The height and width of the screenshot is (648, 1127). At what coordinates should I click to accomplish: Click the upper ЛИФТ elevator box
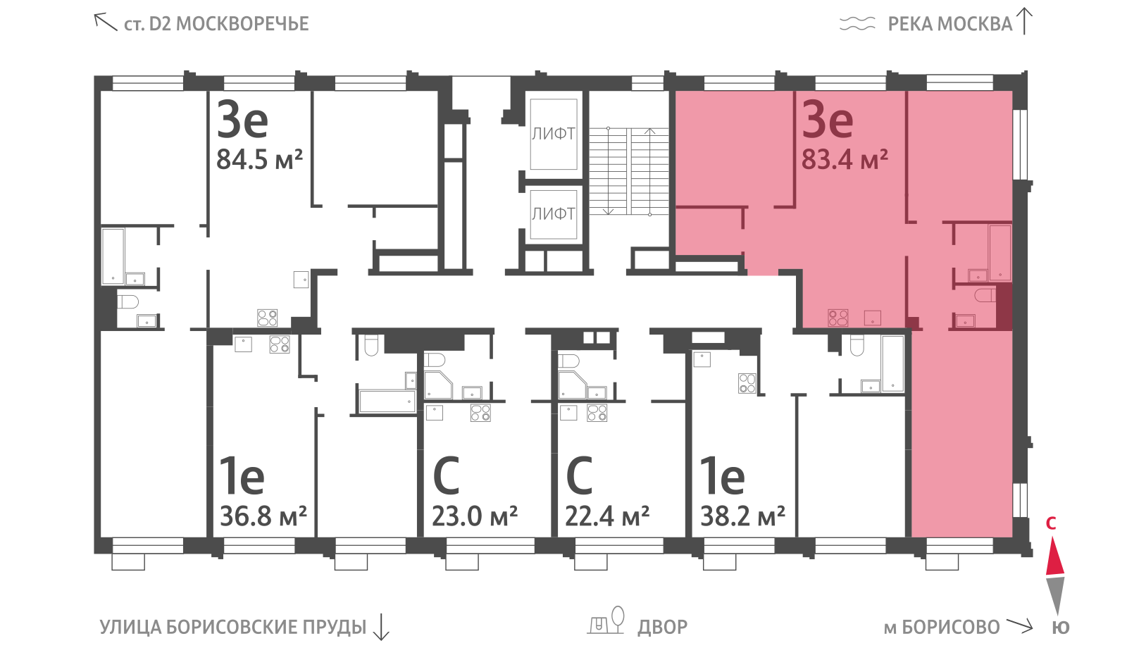pos(554,134)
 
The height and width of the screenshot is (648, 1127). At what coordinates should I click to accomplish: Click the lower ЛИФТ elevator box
pos(554,214)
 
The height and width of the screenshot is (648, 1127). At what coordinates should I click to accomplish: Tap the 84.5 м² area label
pos(260,159)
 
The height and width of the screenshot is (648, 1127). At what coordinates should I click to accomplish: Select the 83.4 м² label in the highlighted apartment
pos(845,159)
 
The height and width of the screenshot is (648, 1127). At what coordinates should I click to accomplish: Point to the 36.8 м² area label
pos(263,516)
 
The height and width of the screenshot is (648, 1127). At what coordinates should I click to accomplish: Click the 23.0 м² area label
pos(475,516)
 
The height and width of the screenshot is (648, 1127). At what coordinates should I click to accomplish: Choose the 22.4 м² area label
pos(607,516)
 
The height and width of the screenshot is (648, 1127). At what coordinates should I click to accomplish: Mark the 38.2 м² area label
pos(742,516)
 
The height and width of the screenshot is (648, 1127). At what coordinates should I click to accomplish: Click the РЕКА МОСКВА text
pos(950,24)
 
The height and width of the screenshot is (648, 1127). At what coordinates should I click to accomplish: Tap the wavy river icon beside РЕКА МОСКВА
pos(857,23)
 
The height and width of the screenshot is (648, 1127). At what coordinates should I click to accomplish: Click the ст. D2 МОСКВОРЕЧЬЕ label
pos(216,24)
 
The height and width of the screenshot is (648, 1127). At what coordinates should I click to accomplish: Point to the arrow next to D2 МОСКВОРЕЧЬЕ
pos(105,22)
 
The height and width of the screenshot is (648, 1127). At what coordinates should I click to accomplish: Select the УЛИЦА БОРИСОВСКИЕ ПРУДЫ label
pos(233,628)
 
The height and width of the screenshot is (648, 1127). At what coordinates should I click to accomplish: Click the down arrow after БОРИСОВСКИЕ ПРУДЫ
pos(382,626)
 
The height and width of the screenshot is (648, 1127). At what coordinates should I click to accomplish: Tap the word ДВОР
pos(663,628)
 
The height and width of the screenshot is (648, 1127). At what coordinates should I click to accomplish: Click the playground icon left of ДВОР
pos(606,620)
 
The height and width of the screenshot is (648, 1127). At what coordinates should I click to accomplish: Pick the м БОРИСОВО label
pos(942,628)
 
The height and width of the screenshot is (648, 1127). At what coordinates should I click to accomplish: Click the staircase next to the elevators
pos(629,171)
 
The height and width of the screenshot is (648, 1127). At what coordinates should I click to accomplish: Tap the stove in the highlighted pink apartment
pos(838,318)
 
